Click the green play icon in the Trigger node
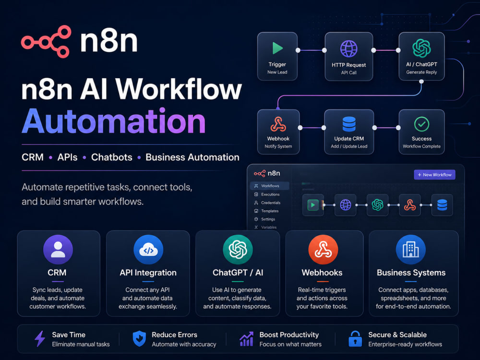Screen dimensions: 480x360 pyautogui.click(x=277, y=48)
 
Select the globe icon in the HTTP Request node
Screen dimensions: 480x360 pyautogui.click(x=348, y=48)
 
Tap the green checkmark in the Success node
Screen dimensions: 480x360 pyautogui.click(x=421, y=124)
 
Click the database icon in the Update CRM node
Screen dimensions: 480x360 pyautogui.click(x=349, y=124)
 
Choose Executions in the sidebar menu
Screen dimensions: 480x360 pyautogui.click(x=270, y=194)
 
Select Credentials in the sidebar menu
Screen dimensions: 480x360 pyautogui.click(x=271, y=203)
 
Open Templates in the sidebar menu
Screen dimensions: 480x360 pyautogui.click(x=270, y=211)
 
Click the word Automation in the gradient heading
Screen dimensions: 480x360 pyautogui.click(x=114, y=121)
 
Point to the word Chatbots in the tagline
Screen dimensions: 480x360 pyautogui.click(x=112, y=157)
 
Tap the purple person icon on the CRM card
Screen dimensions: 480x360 pyautogui.click(x=58, y=249)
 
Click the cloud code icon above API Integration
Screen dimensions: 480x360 pyautogui.click(x=148, y=250)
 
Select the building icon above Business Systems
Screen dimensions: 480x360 pyautogui.click(x=411, y=250)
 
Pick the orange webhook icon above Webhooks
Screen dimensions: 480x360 pyautogui.click(x=323, y=250)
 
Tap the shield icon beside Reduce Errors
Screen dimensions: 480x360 pyautogui.click(x=139, y=338)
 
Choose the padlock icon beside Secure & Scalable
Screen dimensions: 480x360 pyautogui.click(x=355, y=338)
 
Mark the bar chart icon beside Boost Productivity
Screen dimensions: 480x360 pyautogui.click(x=246, y=339)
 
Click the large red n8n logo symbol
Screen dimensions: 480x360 pyautogui.click(x=46, y=41)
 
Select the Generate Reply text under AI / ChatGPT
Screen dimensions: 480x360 pyautogui.click(x=421, y=72)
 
